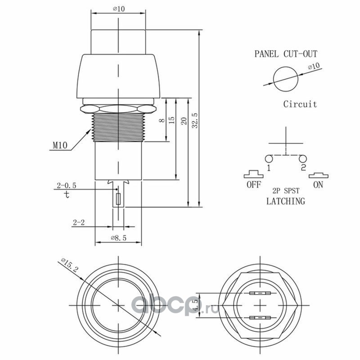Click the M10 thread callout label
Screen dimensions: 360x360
pyautogui.click(x=60, y=145)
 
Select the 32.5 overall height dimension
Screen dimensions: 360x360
pyautogui.click(x=194, y=120)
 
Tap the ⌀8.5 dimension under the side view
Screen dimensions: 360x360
pyautogui.click(x=118, y=238)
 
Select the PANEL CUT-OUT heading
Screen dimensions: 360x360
pyautogui.click(x=286, y=54)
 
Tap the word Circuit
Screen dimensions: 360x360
pyautogui.click(x=300, y=104)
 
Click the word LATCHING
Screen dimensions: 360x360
pyautogui.click(x=285, y=201)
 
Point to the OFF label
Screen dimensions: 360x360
pyautogui.click(x=253, y=184)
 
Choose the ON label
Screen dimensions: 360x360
pyautogui.click(x=318, y=184)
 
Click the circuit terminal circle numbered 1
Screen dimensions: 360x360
pyautogui.click(x=269, y=158)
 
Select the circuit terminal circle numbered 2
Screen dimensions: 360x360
pyautogui.click(x=302, y=158)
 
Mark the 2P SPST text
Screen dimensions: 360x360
pyautogui.click(x=285, y=191)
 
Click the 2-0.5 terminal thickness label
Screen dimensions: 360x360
pyautogui.click(x=67, y=185)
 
